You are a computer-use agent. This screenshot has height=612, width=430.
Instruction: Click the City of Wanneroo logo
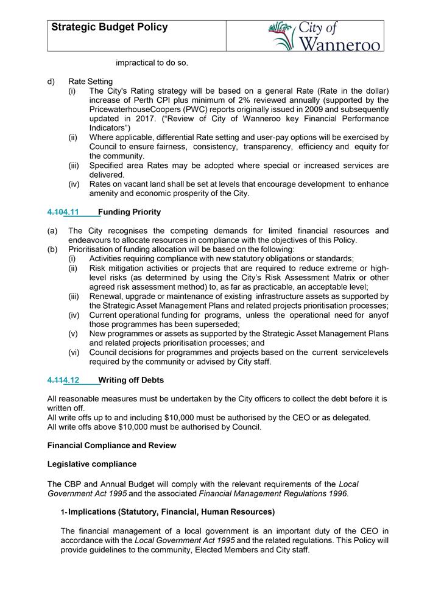[x=326, y=36]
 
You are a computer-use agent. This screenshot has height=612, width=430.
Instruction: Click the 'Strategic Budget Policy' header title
[x=110, y=27]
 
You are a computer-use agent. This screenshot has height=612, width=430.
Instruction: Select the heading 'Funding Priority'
[x=130, y=212]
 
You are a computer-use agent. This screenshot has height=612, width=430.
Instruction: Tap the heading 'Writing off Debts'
[x=131, y=380]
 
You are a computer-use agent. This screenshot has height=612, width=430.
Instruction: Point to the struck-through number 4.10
[x=55, y=212]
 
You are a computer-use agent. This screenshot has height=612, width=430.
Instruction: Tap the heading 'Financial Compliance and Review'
[x=111, y=445]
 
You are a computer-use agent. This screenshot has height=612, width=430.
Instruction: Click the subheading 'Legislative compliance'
[x=92, y=464]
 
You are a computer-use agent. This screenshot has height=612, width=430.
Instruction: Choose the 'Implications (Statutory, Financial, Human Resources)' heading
[x=171, y=512]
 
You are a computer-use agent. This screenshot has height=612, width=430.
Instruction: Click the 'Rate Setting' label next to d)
[x=90, y=82]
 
